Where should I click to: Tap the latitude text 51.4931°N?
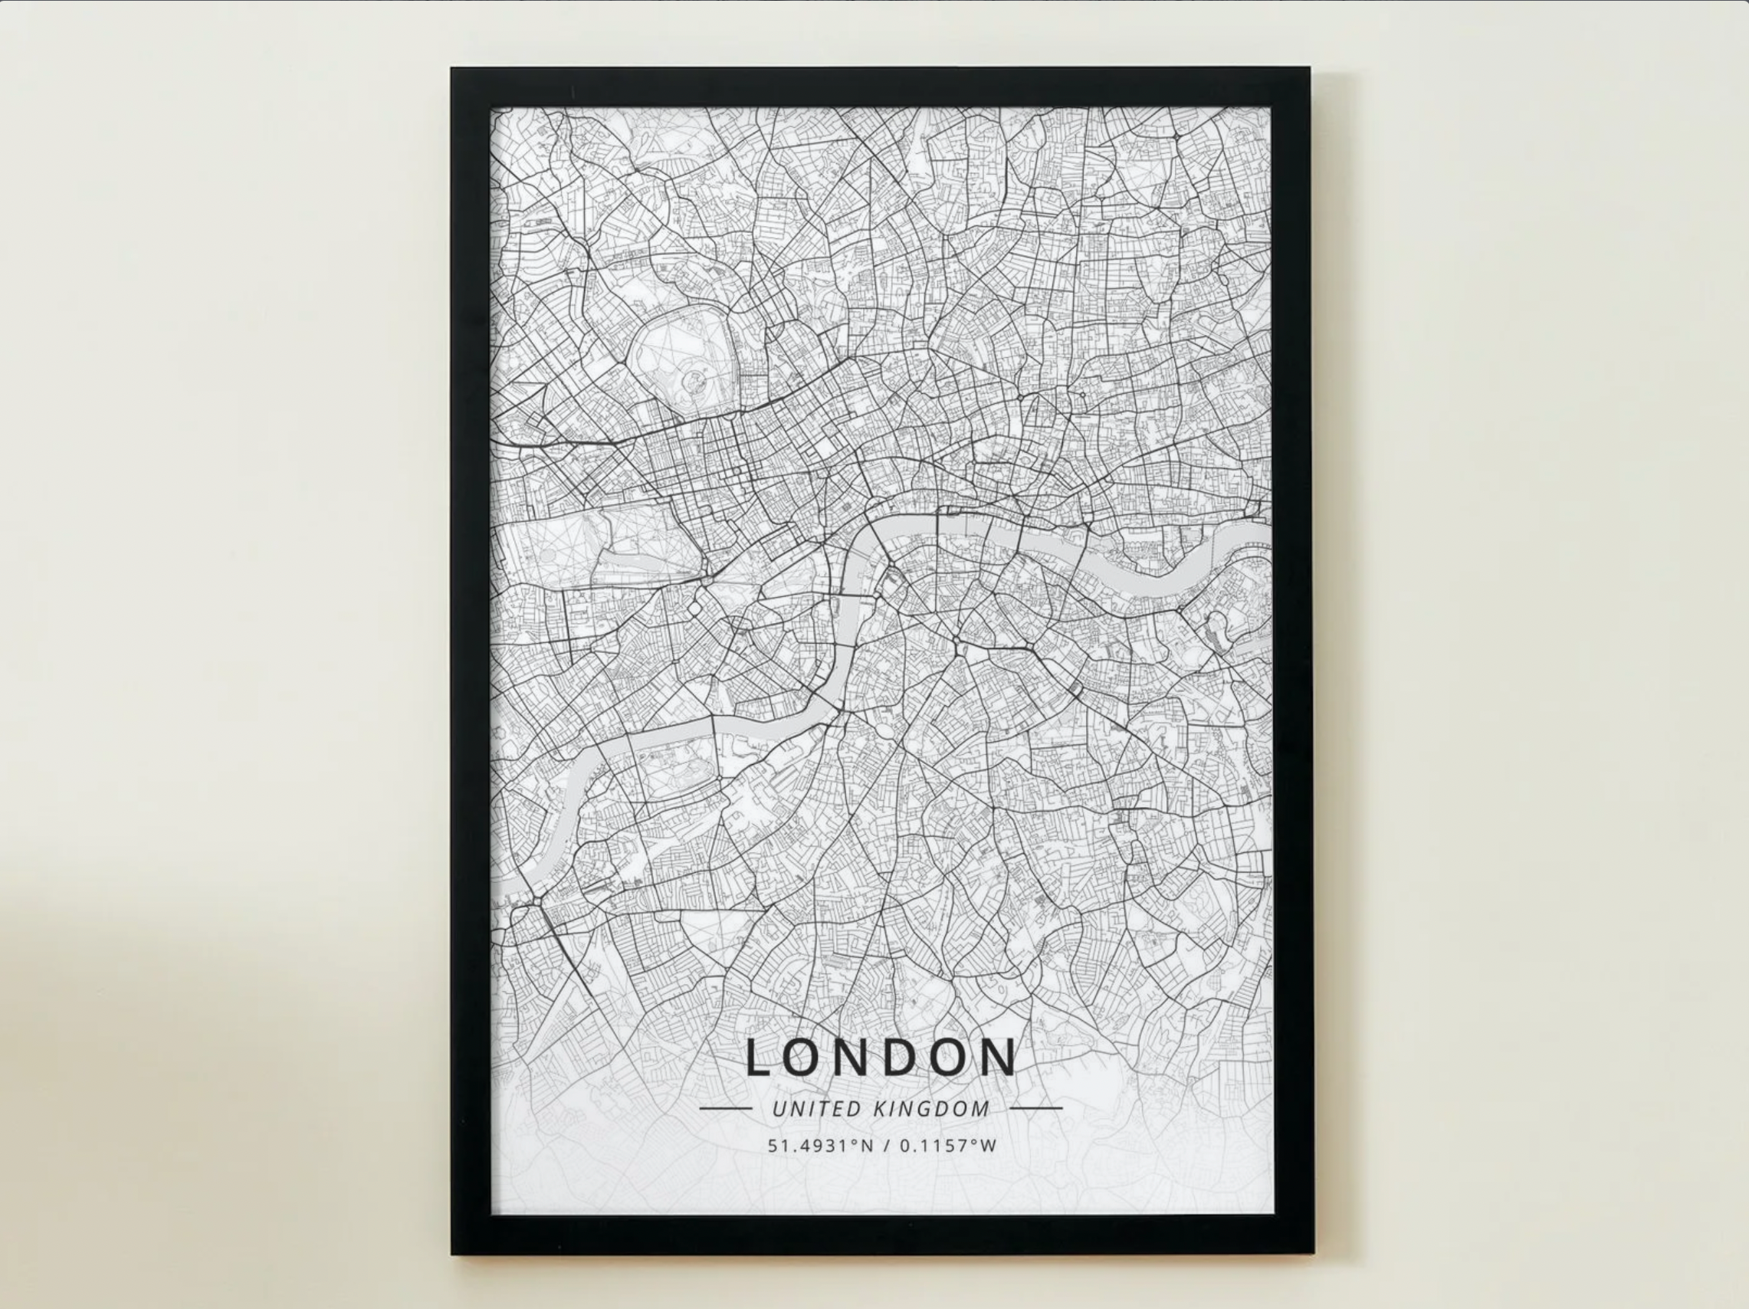click(x=820, y=1145)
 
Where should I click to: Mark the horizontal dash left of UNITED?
click(x=725, y=1108)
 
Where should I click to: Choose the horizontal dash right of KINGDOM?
click(x=1036, y=1108)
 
